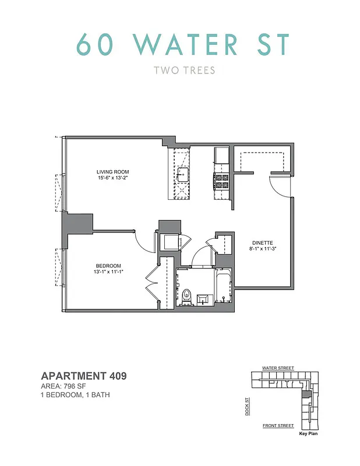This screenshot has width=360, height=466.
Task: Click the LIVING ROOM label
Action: click(112, 171)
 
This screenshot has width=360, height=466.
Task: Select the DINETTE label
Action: click(263, 243)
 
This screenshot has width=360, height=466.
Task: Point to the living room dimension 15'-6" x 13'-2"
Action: click(112, 178)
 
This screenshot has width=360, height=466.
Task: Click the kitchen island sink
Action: click(182, 173)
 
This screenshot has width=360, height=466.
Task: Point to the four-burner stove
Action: click(222, 181)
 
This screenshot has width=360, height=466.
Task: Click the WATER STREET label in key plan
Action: click(278, 368)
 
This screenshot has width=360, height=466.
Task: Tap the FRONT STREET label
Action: click(278, 426)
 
